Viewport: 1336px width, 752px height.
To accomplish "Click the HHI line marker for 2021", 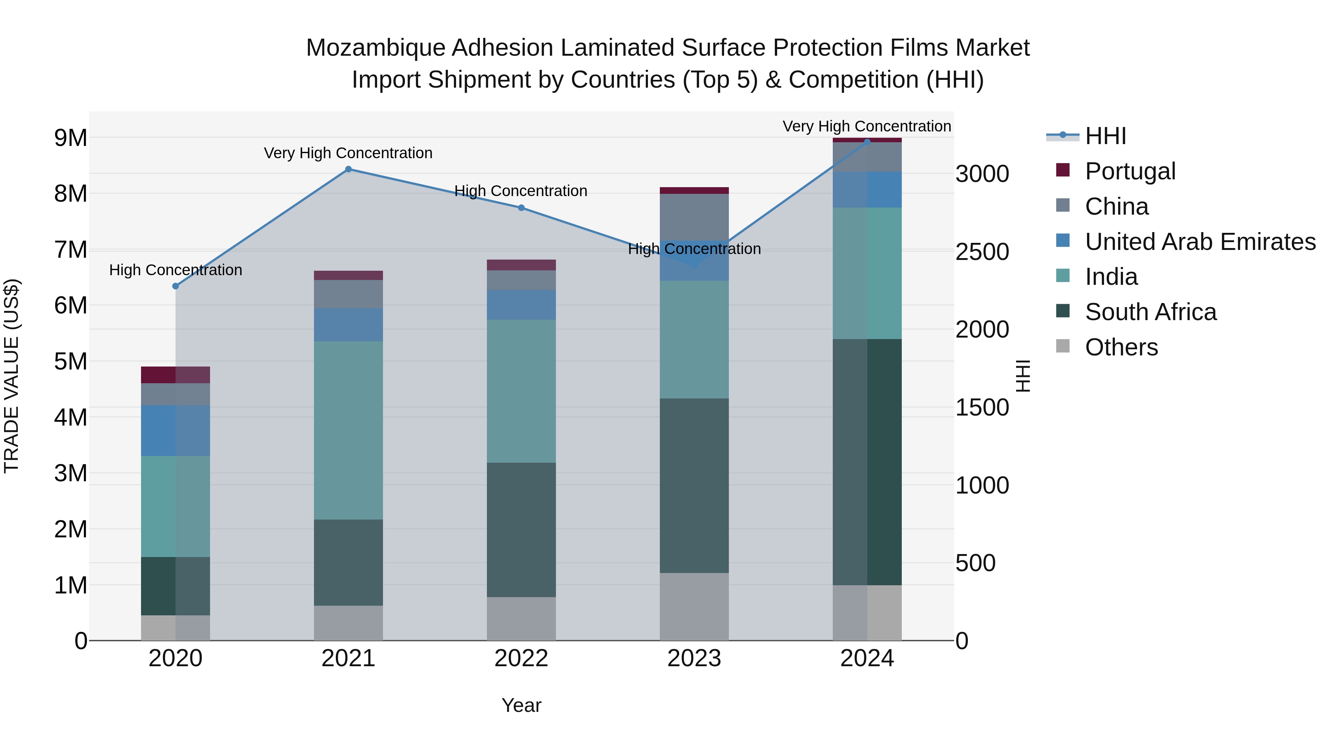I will pos(348,169).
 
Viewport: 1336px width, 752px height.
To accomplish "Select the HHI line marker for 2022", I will pos(521,208).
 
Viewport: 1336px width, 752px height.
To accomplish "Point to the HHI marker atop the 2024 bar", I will pos(867,142).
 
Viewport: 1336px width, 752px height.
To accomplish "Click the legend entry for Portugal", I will pos(1130,171).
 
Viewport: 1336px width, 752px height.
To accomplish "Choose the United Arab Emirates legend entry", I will pos(1199,242).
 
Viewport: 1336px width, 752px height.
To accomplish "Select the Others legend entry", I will pos(1121,347).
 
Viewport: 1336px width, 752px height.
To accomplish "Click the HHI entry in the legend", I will pos(1105,136).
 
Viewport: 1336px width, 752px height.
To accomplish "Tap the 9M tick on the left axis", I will pos(71,138).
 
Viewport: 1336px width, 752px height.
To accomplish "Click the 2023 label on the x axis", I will pos(694,658).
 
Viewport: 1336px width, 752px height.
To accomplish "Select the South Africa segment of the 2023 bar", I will pos(694,485).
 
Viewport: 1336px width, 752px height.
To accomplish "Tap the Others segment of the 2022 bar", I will pos(521,619).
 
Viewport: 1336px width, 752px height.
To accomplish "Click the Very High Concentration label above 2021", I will pos(348,153).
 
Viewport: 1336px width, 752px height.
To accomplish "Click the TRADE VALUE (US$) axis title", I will pos(12,376).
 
